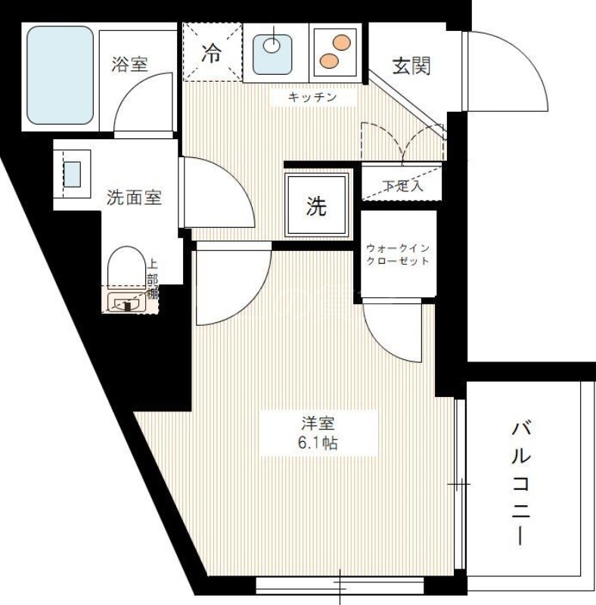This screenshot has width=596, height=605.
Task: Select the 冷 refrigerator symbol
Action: [x=213, y=53]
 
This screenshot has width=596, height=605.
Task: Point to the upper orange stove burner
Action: [x=342, y=43]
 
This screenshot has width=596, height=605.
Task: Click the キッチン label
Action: [x=311, y=98]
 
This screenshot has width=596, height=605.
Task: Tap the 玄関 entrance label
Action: [x=411, y=66]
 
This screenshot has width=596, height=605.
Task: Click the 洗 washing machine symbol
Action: [x=316, y=206]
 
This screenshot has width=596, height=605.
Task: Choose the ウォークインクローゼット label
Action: [x=398, y=255]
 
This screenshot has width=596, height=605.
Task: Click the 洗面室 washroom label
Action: [x=134, y=198]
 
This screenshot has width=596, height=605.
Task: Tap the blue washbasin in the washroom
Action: [x=72, y=173]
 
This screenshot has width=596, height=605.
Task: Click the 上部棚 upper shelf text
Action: [x=153, y=280]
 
